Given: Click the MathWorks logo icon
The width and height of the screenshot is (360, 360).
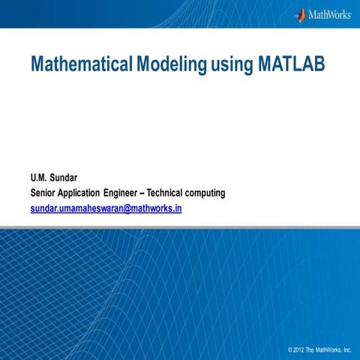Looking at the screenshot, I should pos(301,14).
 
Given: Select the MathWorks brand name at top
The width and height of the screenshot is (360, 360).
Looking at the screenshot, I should pos(330,14).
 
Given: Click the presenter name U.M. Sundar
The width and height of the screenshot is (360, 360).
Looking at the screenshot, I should pos(53,178).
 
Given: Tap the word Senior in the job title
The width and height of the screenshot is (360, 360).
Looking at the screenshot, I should pos(44,193).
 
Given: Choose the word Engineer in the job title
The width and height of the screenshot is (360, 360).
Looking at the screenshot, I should pos(136,193).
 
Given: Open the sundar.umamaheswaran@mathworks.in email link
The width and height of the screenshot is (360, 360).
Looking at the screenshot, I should pos(106,208).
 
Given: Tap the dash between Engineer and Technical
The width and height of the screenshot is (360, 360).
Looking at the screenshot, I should pos(161,193).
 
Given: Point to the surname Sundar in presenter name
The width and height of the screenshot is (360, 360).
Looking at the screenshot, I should pos(64,178).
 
